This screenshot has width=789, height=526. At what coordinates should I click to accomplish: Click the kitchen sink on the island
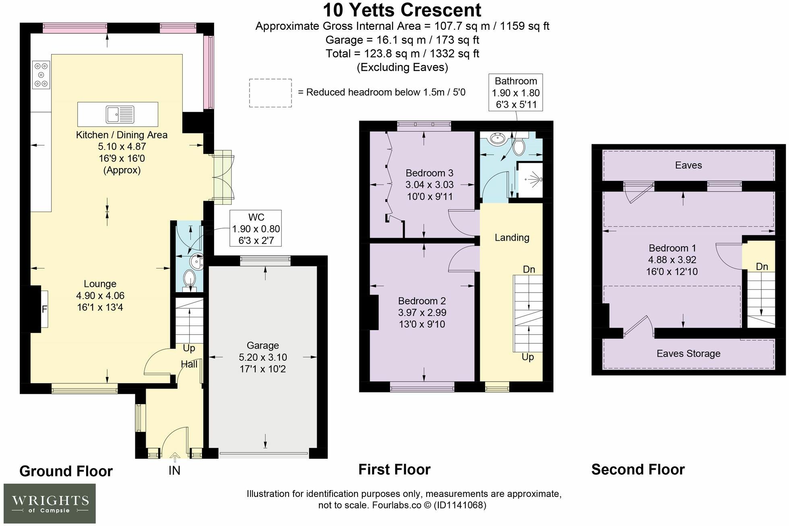pos(120,114)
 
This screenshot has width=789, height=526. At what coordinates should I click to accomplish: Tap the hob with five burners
pos(41,75)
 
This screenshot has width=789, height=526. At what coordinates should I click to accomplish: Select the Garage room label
pos(263,345)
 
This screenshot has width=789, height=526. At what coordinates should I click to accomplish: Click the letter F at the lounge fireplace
pos(44,310)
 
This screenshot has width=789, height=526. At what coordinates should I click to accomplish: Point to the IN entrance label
pos(174,470)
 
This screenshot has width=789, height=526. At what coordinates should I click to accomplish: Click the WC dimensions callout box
pos(256,229)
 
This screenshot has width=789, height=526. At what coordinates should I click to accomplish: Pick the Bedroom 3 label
pos(429,173)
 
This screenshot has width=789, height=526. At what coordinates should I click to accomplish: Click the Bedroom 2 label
pos(422,301)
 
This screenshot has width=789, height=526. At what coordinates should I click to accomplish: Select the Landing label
pos(512,237)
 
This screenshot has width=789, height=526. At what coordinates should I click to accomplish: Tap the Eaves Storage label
pos(688,353)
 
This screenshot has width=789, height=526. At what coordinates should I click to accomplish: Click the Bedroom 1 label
pos(672,248)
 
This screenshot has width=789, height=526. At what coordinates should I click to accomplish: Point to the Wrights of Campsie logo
pos(50,503)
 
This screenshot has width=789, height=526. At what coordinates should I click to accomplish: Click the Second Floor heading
pos(638,470)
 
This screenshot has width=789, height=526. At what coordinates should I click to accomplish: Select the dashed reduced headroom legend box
pos(270,93)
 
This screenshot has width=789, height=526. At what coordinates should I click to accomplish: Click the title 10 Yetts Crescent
pos(402,10)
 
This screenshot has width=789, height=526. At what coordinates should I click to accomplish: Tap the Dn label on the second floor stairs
pos(762,266)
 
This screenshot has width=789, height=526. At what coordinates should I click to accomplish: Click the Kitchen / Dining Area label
pos(122,135)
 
